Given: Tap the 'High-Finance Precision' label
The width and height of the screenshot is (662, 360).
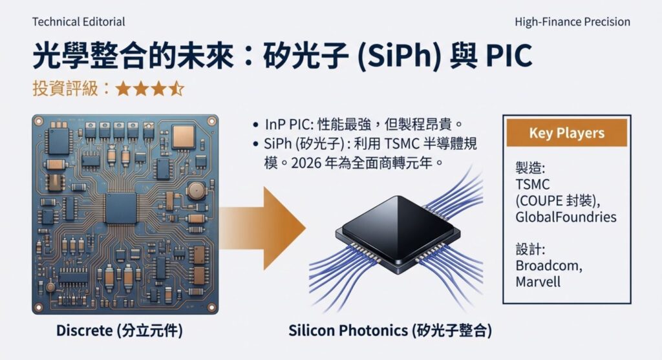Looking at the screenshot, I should (x=572, y=22).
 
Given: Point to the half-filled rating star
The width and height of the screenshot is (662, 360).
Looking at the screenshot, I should (x=177, y=89).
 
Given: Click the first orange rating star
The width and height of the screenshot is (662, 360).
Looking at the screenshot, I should (x=123, y=89).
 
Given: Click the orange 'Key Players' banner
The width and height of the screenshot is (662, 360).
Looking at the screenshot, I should (x=566, y=133).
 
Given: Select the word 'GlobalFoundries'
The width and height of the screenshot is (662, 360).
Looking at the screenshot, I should (x=566, y=217).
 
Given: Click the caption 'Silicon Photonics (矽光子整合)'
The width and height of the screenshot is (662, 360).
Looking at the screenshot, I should (x=390, y=332).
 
